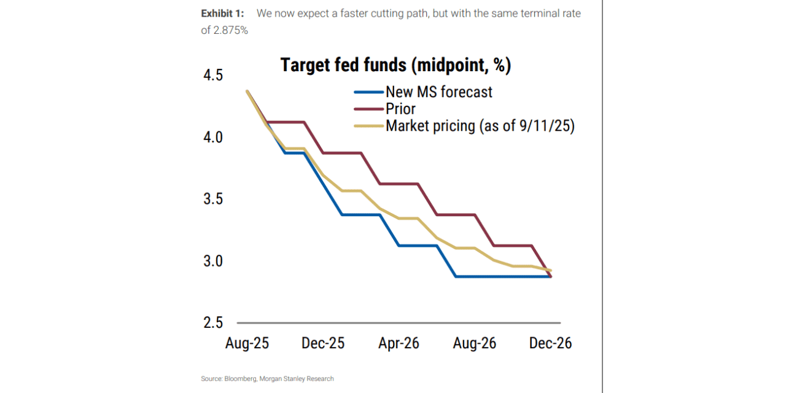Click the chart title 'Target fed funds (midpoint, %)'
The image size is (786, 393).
click(395, 65)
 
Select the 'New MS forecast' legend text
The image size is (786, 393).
click(438, 92)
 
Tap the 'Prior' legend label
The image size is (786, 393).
click(400, 109)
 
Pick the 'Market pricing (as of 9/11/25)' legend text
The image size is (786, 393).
click(480, 126)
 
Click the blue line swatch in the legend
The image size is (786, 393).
click(368, 93)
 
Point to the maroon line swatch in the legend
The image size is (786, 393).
click(368, 109)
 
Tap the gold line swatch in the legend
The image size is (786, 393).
click(368, 126)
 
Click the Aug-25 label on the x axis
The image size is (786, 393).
click(247, 343)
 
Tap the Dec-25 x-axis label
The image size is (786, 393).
click(323, 343)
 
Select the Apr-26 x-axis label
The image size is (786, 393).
click(399, 343)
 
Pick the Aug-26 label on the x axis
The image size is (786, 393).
click(475, 343)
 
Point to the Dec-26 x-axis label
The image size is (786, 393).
click(550, 343)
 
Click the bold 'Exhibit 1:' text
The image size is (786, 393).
click(222, 14)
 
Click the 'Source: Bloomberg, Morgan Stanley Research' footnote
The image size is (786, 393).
click(267, 379)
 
